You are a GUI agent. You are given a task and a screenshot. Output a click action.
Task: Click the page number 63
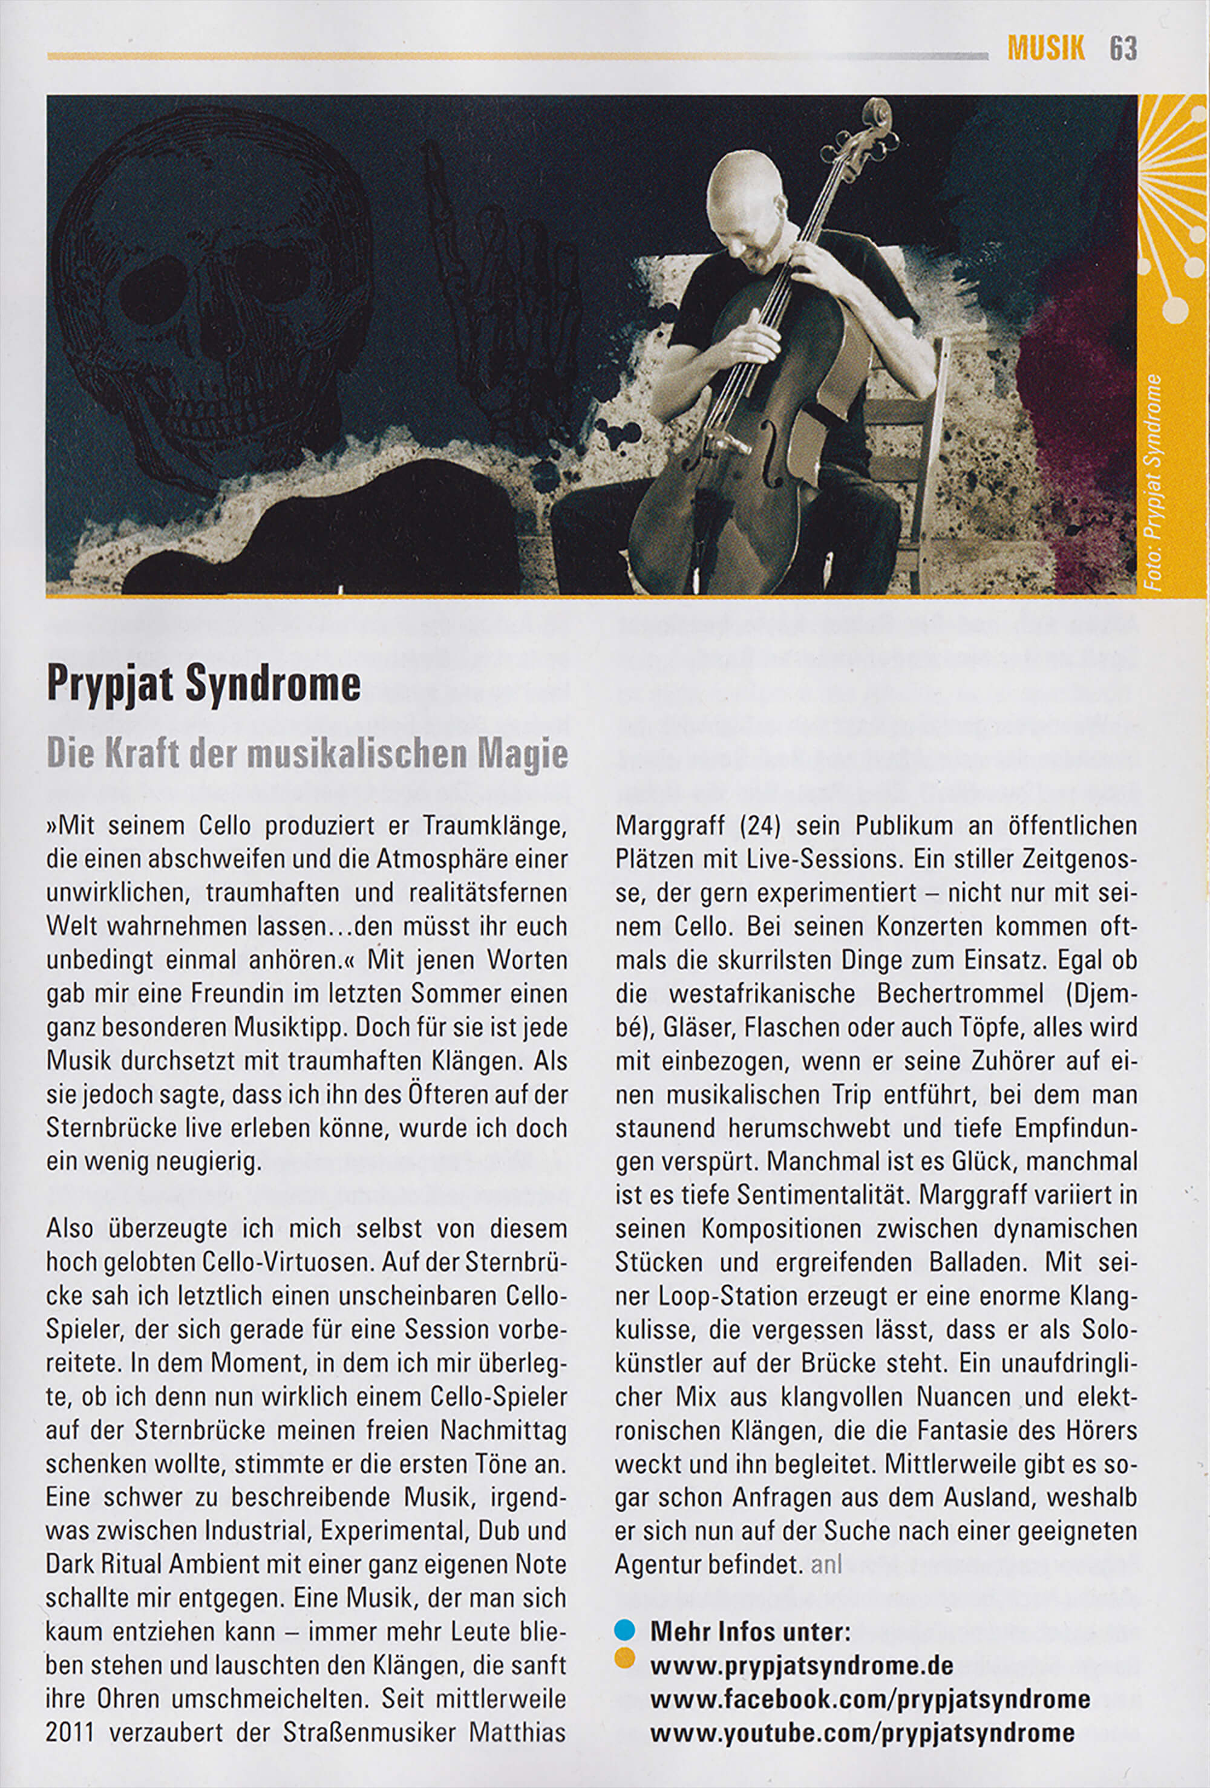point(1123,49)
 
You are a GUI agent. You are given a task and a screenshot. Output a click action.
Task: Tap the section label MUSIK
point(1046,49)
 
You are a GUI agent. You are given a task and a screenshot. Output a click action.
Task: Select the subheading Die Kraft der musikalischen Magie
point(307,755)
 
